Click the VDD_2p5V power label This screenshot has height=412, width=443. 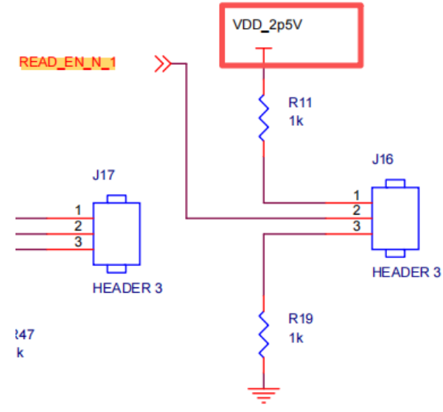pos(268,25)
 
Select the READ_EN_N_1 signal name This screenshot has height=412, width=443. pos(67,63)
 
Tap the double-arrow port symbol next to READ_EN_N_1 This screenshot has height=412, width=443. pos(163,63)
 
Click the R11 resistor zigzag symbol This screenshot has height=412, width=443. pos(264,118)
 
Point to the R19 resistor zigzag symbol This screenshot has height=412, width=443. pos(264,335)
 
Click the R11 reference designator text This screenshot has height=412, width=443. pos(300,102)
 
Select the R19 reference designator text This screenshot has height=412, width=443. pos(301,318)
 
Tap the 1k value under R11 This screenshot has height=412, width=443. pos(296,121)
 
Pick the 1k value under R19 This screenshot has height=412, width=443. pos(296,338)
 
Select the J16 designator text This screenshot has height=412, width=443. pos(383,159)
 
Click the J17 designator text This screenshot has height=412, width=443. pos(103,175)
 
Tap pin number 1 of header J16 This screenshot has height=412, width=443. pos(357,195)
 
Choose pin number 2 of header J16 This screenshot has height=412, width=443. pos(357,210)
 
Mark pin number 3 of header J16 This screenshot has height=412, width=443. pos(357,226)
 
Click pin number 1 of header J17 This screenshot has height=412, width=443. pos(78,210)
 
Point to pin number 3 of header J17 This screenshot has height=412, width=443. pos(78,242)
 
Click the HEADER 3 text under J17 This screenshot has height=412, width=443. pos(128,288)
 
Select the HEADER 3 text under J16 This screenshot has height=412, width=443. pos(406,273)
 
